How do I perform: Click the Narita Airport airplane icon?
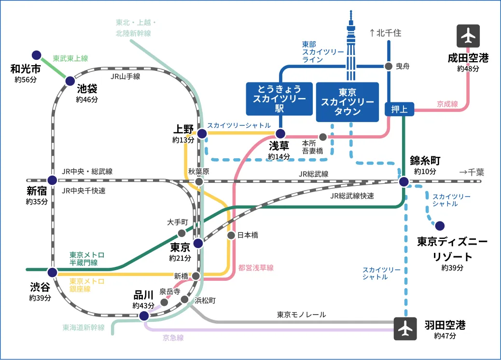coord(468,36)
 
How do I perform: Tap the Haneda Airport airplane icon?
coord(405,329)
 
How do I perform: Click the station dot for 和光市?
coord(37,55)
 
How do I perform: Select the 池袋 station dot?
coord(70,81)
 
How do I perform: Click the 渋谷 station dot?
coord(52,272)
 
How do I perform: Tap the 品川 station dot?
coord(143,316)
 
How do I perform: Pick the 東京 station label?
coord(181,248)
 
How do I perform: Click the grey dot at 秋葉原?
coord(199,181)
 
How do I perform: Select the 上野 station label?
coord(183,129)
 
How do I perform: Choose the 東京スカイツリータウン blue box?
coord(348,101)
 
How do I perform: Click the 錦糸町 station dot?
coord(404,181)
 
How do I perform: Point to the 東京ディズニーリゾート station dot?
coord(439,225)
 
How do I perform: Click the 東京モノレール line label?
coord(301,315)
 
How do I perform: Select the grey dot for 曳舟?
coord(389,66)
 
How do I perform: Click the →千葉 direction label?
coord(471,172)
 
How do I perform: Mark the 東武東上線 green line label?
coord(70,58)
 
